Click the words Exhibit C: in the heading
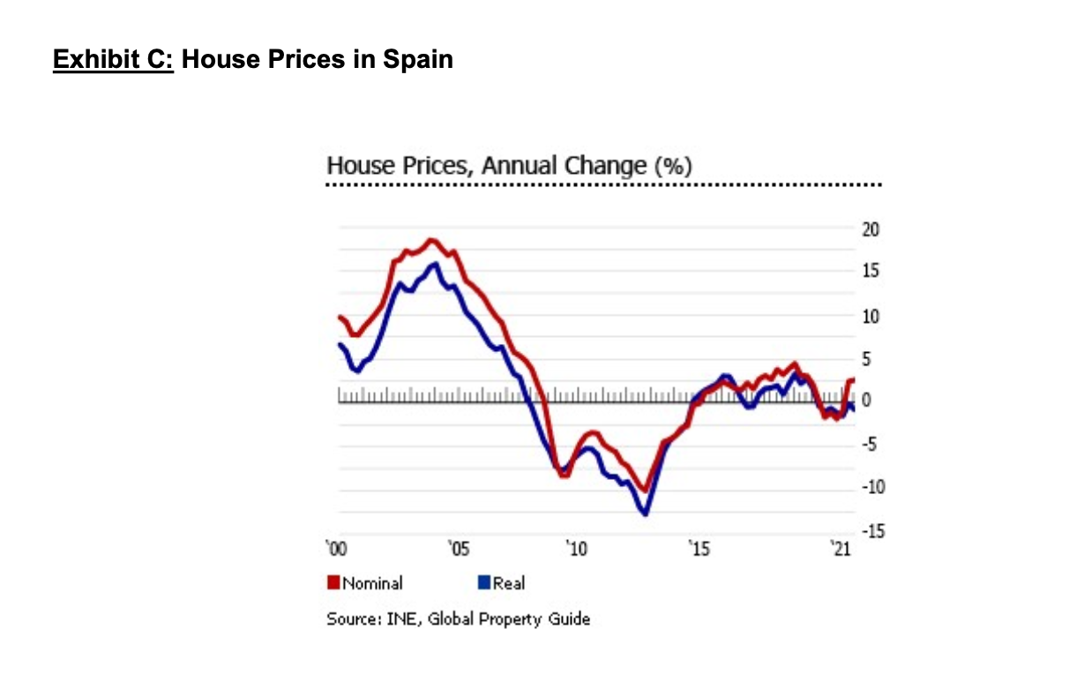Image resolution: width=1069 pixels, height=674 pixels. click(x=114, y=60)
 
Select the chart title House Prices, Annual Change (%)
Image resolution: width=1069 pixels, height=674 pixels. click(x=509, y=166)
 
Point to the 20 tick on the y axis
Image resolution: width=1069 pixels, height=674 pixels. click(x=870, y=230)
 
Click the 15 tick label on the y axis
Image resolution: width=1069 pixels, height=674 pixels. click(x=870, y=271)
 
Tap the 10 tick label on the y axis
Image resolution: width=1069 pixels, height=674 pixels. click(x=870, y=316)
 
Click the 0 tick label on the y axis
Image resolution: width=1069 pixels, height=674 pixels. click(x=865, y=401)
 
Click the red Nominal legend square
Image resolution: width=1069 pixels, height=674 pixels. click(x=333, y=582)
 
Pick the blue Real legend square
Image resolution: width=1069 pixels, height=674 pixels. click(x=483, y=582)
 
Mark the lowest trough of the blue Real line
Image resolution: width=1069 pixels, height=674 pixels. click(x=645, y=513)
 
